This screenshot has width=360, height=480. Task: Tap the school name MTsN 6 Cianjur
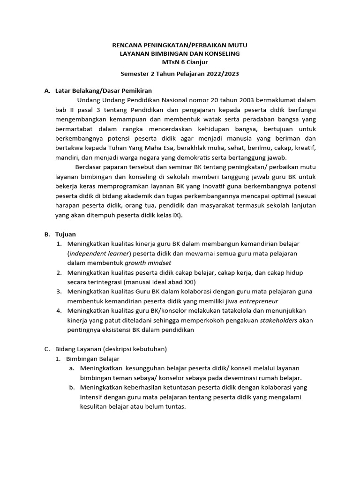tap(180, 63)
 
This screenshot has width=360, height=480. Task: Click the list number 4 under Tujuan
tap(59, 311)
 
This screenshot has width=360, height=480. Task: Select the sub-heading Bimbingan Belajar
tap(93, 359)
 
